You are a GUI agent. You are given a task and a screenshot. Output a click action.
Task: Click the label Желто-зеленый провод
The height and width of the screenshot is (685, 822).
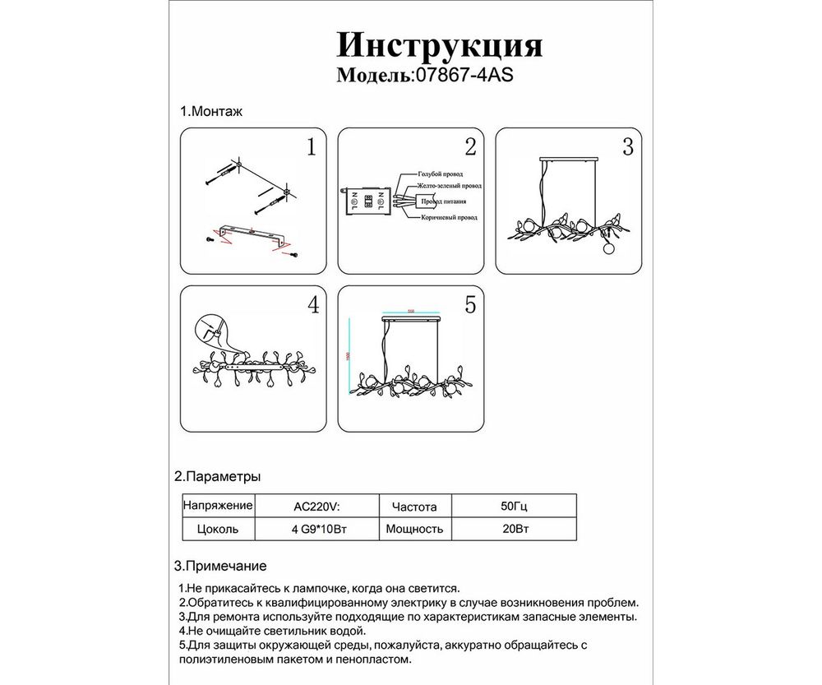click(x=448, y=187)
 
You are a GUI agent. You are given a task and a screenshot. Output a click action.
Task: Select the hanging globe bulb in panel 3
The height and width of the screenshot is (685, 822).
click(x=608, y=247)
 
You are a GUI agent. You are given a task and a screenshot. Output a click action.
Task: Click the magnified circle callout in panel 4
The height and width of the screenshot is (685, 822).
click(x=210, y=331)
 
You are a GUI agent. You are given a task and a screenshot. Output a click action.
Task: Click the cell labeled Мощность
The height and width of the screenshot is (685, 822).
click(x=414, y=530)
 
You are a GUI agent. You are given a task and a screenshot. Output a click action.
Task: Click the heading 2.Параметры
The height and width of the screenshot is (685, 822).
click(x=218, y=477)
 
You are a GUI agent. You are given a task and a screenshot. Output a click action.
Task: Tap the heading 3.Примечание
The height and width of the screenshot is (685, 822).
click(x=220, y=567)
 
